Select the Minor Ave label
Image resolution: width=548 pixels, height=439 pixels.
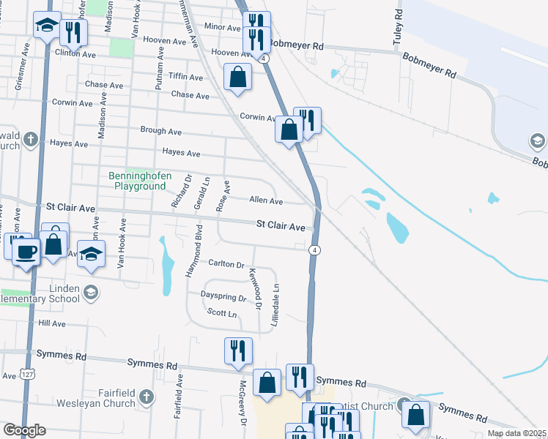click(223, 27)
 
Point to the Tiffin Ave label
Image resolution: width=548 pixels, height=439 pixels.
click(185, 77)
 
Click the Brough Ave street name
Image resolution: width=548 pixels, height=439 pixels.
click(160, 130)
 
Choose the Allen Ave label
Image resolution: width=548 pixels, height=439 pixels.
click(266, 200)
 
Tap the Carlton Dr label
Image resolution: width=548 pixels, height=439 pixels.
click(226, 263)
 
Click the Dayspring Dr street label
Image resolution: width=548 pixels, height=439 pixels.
click(224, 298)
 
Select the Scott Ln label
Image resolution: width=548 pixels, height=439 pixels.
click(223, 314)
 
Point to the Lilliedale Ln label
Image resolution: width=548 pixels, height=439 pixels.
click(276, 305)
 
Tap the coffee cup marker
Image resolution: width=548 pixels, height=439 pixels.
click(27, 252)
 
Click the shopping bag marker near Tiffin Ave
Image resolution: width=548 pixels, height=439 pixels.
click(238, 76)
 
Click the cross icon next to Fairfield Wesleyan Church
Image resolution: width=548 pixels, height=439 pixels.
click(147, 397)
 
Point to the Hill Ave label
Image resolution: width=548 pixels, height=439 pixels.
click(52, 323)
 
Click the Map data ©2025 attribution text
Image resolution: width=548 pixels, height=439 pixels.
click(516, 433)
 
